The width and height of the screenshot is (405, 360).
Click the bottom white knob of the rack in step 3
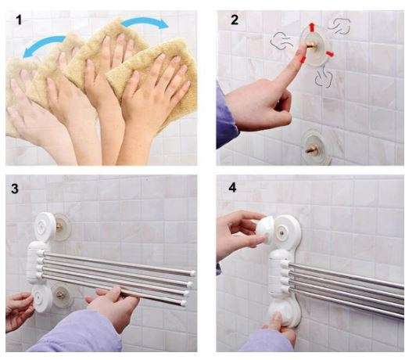(x=44, y=298)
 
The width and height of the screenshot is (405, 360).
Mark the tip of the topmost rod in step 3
(x=192, y=272)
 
